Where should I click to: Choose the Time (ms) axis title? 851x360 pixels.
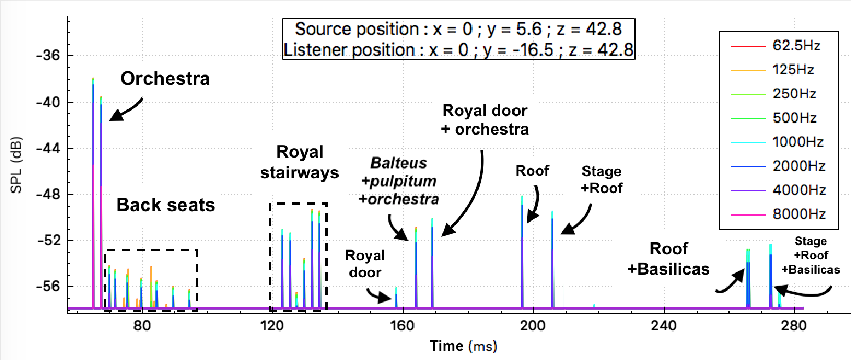pyautogui.click(x=463, y=346)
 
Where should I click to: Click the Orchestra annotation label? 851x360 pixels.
pyautogui.click(x=165, y=78)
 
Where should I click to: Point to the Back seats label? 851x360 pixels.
pyautogui.click(x=166, y=205)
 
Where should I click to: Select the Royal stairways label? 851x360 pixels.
pyautogui.click(x=299, y=162)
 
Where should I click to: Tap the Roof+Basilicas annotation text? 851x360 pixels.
pyautogui.click(x=676, y=259)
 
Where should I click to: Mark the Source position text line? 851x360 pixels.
pyautogui.click(x=458, y=29)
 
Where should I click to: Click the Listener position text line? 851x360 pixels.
pyautogui.click(x=458, y=50)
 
